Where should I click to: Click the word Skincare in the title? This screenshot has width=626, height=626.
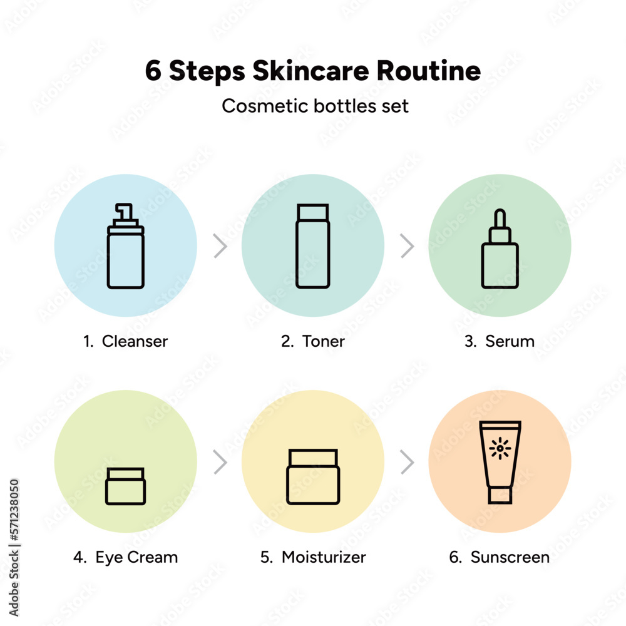310,71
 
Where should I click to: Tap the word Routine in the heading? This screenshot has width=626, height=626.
428,71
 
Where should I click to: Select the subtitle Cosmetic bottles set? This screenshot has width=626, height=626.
315,106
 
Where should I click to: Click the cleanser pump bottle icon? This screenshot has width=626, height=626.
125,246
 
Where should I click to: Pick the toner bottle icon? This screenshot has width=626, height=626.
313,246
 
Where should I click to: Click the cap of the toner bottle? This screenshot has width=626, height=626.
313,212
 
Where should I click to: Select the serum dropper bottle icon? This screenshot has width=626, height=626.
500,249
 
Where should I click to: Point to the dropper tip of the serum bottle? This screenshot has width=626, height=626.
500,218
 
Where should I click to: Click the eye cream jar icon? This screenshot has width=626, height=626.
125,486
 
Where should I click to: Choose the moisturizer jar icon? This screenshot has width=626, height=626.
313,476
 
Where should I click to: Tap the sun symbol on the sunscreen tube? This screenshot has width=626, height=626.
500,448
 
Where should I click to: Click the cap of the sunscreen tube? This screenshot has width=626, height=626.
500,495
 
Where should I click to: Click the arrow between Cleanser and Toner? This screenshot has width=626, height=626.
220,246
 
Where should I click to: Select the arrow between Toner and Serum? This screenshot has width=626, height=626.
408,246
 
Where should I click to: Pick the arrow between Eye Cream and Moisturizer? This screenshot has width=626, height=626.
220,463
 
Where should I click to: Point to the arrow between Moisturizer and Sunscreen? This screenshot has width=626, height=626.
408,463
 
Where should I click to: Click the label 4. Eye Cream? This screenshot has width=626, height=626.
125,557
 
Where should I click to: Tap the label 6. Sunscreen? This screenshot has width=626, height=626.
500,557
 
